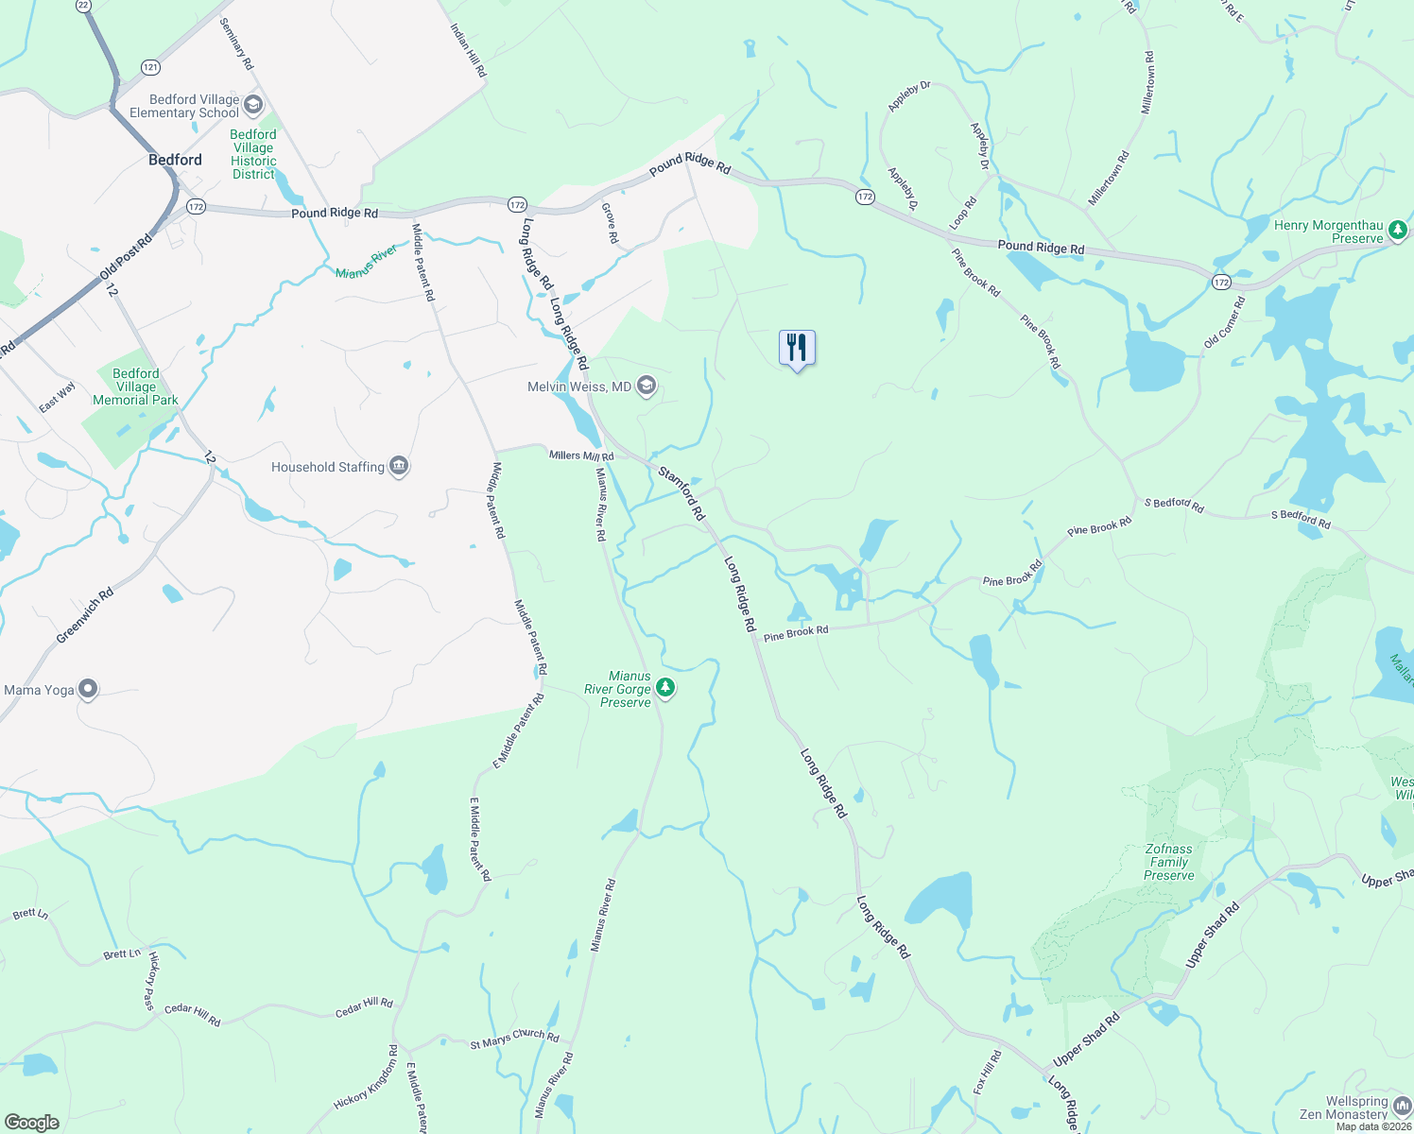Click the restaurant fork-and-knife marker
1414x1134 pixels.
coord(797,349)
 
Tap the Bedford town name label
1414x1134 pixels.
coord(176,160)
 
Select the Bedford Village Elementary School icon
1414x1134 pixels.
coord(252,105)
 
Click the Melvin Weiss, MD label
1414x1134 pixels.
coord(579,387)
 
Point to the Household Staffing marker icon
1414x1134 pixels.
coord(399,467)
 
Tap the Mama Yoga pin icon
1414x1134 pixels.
coord(88,690)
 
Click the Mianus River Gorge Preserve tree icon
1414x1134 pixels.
coord(665,688)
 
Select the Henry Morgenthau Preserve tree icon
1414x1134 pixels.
coord(1398,230)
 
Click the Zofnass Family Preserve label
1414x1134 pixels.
coord(1169,862)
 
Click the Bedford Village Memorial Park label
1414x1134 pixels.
coord(135,387)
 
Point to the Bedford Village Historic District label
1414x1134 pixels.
coord(253,154)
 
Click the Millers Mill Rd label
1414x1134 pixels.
coord(581,455)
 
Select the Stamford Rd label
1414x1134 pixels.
coord(682,493)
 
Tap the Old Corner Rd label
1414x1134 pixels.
coord(1225,322)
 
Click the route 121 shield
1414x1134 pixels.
coord(150,67)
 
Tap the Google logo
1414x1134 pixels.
coord(31,1123)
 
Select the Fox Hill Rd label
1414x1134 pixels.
coord(987,1073)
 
